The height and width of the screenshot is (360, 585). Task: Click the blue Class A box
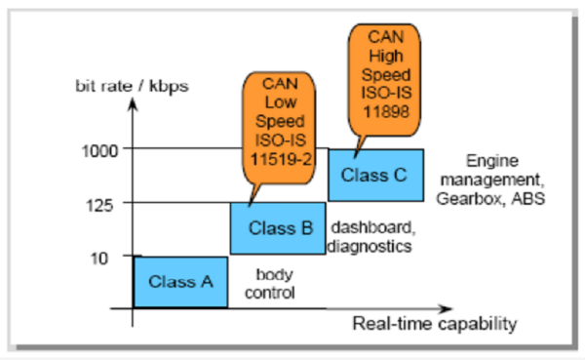(x=180, y=282)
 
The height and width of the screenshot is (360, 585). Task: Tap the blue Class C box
(x=375, y=176)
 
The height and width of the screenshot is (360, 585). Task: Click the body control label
(x=275, y=283)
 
